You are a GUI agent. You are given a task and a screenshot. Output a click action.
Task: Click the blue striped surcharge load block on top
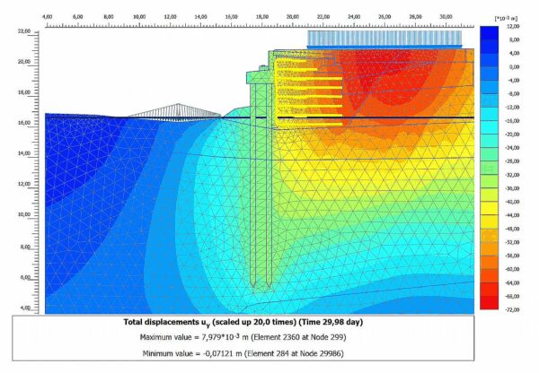(384, 39)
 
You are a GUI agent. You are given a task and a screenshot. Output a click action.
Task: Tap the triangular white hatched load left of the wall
(174, 109)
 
